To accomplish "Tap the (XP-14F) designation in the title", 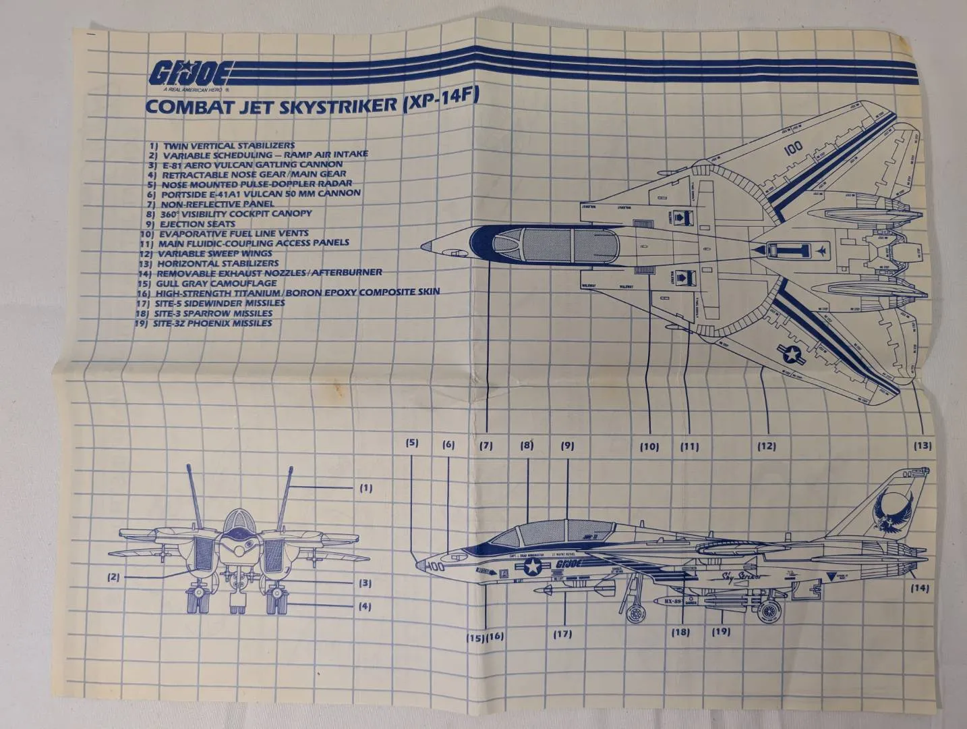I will tap(439, 100).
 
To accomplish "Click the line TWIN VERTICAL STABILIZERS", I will tap(222, 145).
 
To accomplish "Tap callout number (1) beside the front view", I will tap(365, 487).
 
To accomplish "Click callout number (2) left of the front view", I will tap(113, 577).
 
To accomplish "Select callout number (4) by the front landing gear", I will tap(364, 606).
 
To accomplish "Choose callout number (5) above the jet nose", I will tap(411, 443).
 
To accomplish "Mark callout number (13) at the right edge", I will tap(922, 446).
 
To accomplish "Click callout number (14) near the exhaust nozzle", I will tap(919, 588).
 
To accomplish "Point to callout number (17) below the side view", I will tap(562, 634).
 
